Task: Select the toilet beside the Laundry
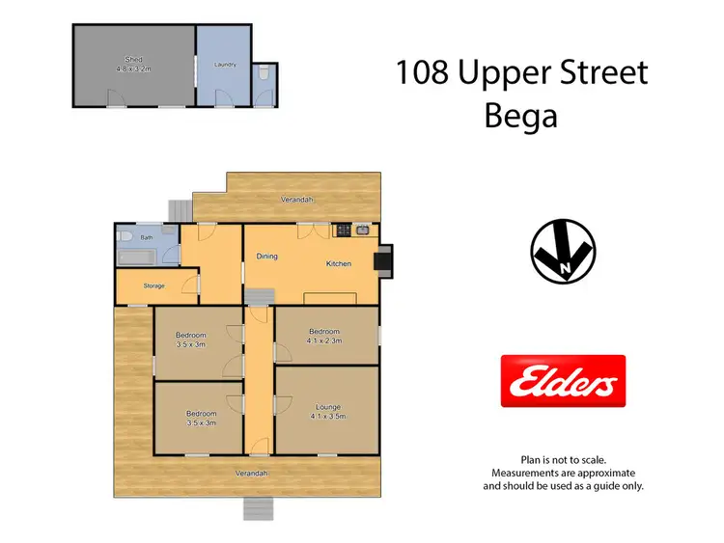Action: pyautogui.click(x=265, y=73)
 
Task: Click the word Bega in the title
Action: pyautogui.click(x=520, y=117)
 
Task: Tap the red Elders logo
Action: pyautogui.click(x=563, y=380)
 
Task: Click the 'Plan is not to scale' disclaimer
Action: pyautogui.click(x=563, y=460)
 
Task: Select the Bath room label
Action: pyautogui.click(x=147, y=236)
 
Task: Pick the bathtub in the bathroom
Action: pyautogui.click(x=143, y=258)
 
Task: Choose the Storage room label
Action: pyautogui.click(x=153, y=285)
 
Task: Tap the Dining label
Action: pyautogui.click(x=266, y=256)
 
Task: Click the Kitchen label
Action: pyautogui.click(x=338, y=263)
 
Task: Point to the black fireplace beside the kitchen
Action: pyautogui.click(x=385, y=260)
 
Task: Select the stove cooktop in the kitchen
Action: pyautogui.click(x=343, y=231)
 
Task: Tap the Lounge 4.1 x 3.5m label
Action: pyautogui.click(x=326, y=412)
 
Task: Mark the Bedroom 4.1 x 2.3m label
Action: pyautogui.click(x=326, y=335)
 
